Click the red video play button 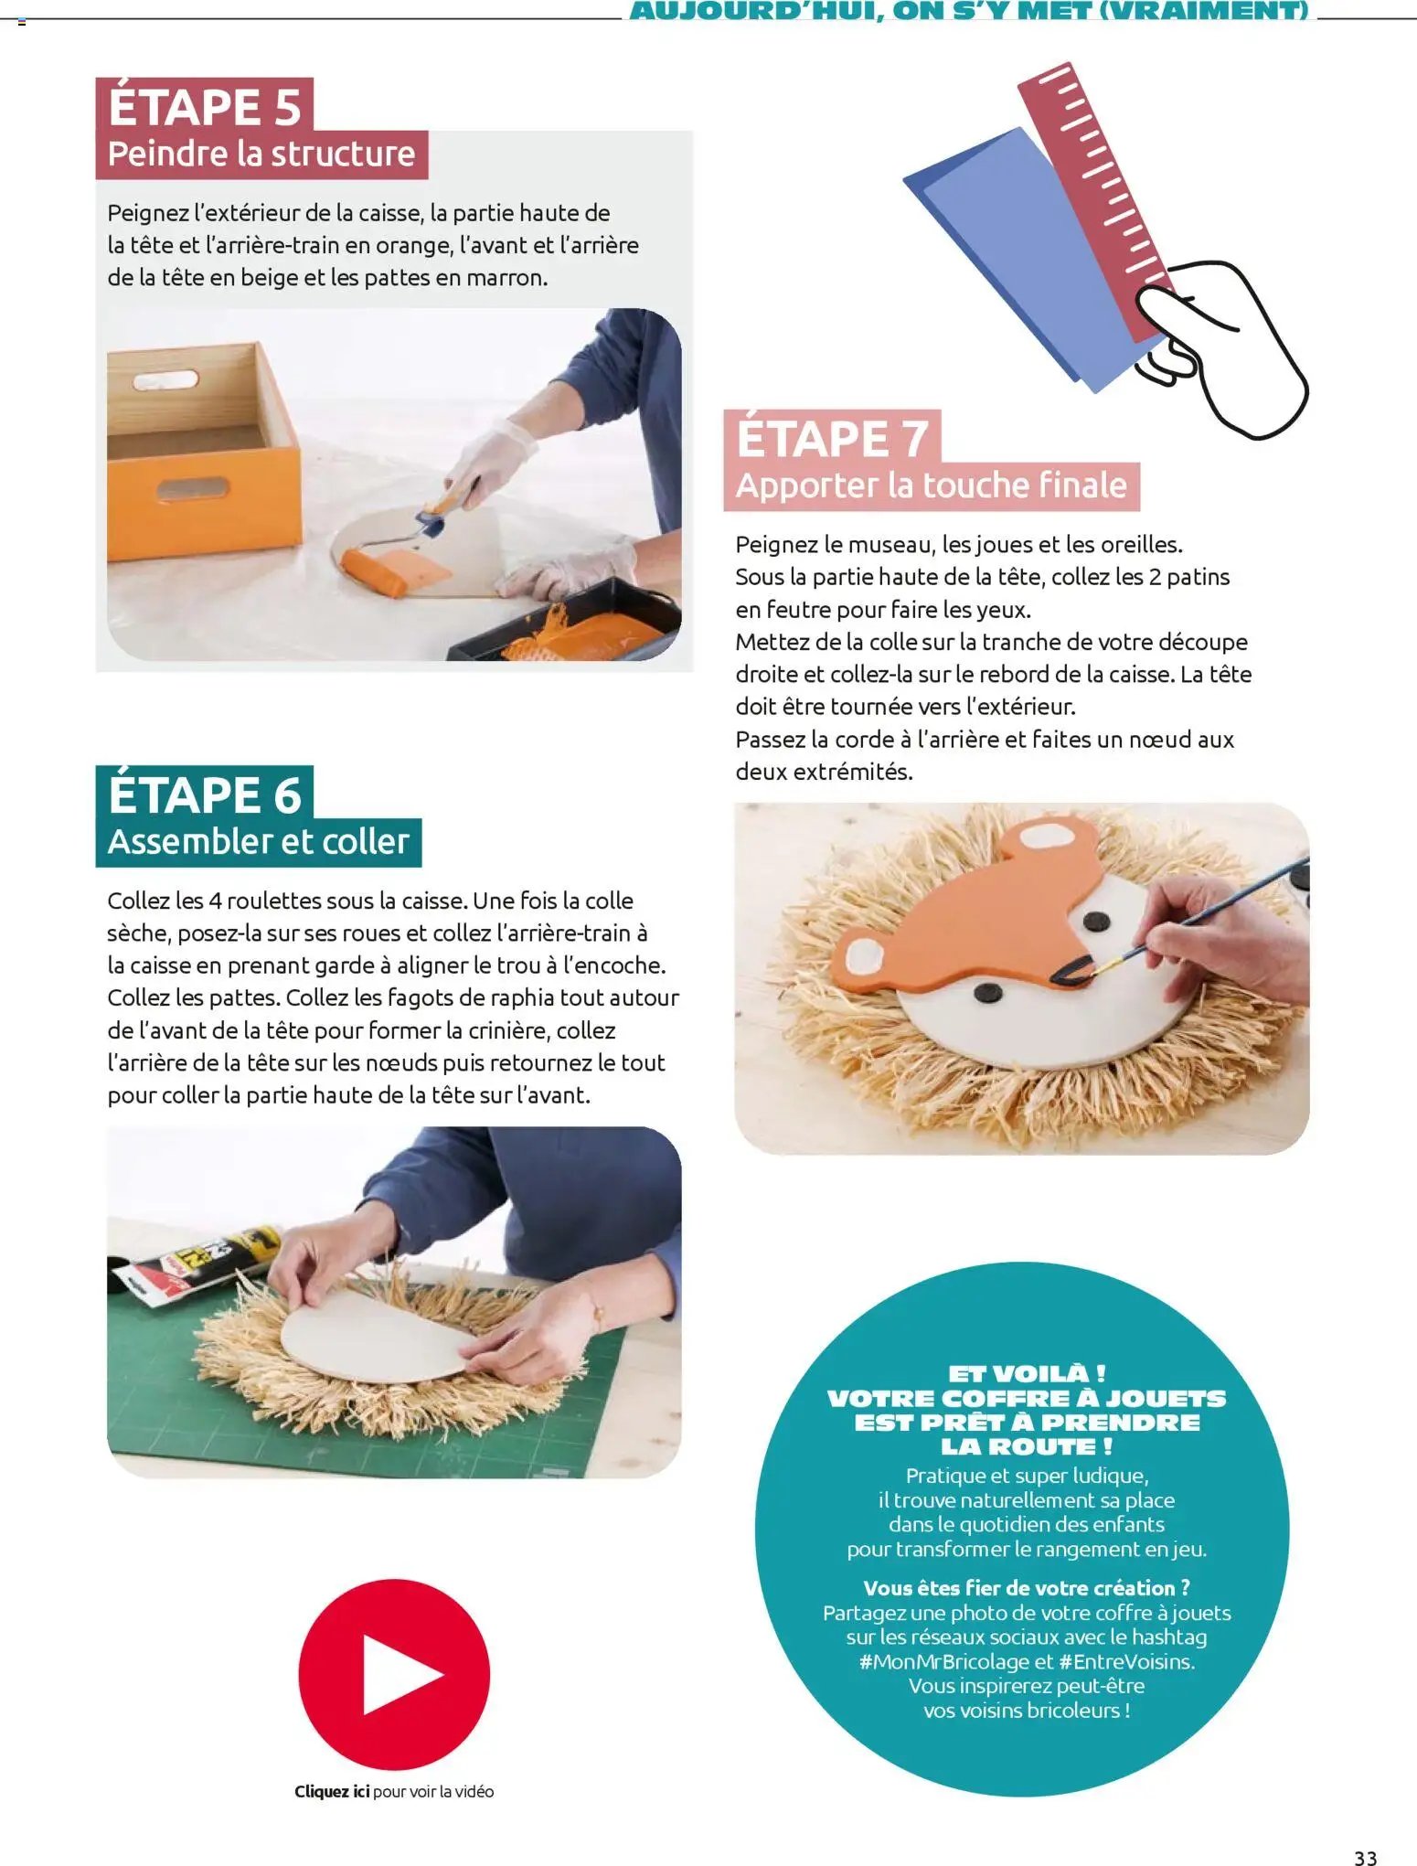click(x=394, y=1674)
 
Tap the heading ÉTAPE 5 click(x=205, y=106)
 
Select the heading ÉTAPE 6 click(x=205, y=794)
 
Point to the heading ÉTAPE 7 click(x=833, y=438)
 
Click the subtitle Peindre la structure click(x=261, y=154)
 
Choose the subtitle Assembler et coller click(x=259, y=841)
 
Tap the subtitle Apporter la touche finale click(x=932, y=485)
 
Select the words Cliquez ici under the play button click(x=332, y=1791)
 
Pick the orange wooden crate click(x=203, y=451)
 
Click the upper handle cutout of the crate click(x=165, y=379)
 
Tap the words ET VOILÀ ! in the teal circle click(x=1026, y=1373)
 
